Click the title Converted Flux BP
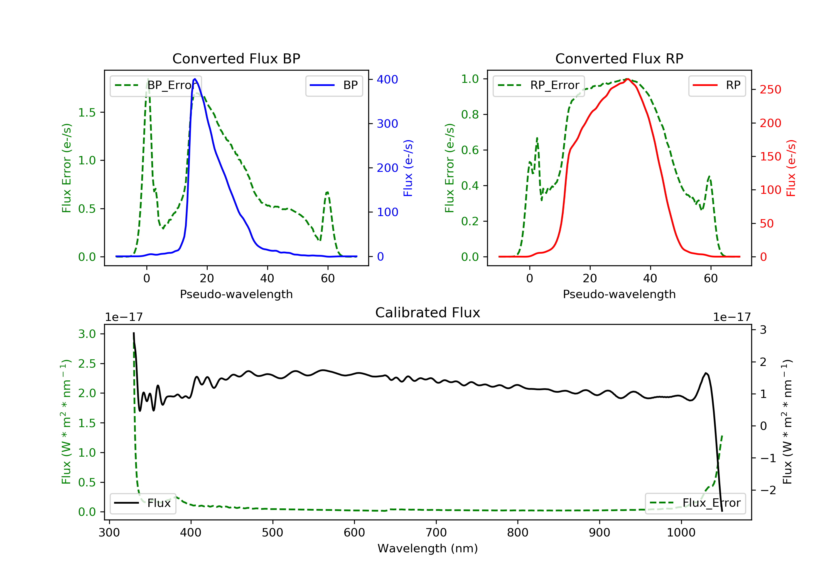tap(236, 58)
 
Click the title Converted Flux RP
tap(619, 58)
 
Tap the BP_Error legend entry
tap(156, 85)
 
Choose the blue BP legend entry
tap(334, 85)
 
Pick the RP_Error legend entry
tap(539, 85)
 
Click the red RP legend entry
tap(717, 85)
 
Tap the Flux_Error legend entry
tap(695, 503)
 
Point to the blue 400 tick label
tap(387, 80)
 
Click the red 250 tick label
tap(770, 90)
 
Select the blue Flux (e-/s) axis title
tap(408, 168)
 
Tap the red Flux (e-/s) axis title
tap(791, 168)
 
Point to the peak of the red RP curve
tap(628, 79)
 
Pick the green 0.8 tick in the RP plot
tap(470, 115)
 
